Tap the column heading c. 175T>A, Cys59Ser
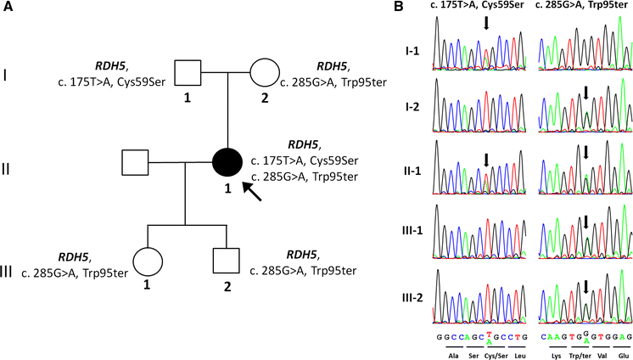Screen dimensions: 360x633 tap(474, 8)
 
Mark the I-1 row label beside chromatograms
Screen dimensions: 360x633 tap(415, 52)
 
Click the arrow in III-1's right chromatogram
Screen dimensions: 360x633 tap(585, 223)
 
